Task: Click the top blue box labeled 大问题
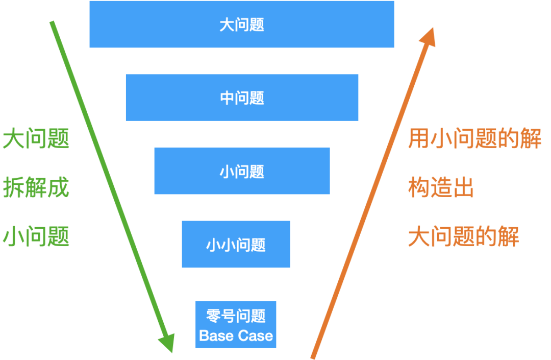(x=241, y=24)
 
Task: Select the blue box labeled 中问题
(x=242, y=98)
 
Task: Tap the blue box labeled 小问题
(x=242, y=171)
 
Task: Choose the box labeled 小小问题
(x=236, y=244)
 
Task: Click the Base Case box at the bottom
(x=236, y=325)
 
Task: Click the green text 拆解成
(x=36, y=188)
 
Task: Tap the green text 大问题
(x=36, y=139)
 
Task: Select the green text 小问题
(x=36, y=236)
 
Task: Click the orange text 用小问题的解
(x=474, y=139)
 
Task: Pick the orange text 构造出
(x=441, y=188)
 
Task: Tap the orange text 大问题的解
(x=463, y=237)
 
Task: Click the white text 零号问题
(x=236, y=316)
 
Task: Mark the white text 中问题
(x=242, y=98)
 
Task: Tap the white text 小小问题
(x=236, y=245)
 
